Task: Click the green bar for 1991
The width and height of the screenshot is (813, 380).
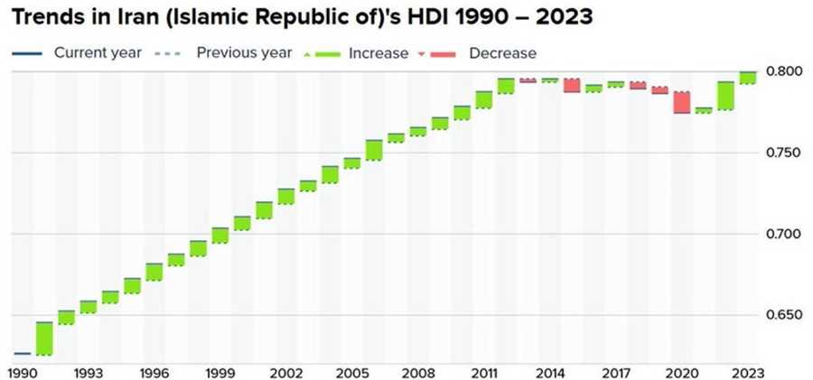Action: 43,338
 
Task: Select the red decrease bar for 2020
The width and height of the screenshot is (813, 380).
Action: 682,102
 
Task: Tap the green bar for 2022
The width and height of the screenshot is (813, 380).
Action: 725,96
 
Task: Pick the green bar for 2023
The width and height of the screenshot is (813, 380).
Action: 748,78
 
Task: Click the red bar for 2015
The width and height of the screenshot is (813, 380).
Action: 572,85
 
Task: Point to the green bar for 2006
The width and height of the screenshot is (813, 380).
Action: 374,151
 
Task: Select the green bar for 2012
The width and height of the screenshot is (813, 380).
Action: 506,86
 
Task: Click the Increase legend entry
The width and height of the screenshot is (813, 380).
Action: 376,53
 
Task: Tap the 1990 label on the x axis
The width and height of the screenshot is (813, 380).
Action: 22,372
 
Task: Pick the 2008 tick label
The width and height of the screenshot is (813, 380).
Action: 417,372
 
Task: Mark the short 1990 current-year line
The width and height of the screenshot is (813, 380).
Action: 22,353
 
